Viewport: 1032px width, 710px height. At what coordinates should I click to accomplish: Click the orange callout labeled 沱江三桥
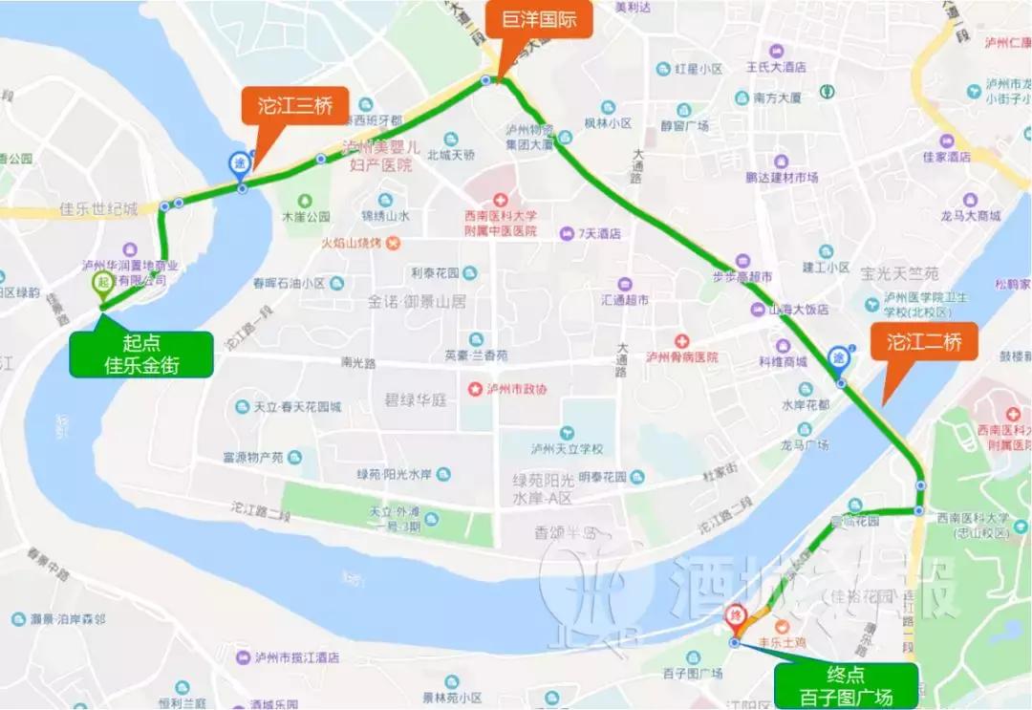(x=294, y=107)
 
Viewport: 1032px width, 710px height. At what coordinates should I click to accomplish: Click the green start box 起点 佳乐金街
(x=140, y=355)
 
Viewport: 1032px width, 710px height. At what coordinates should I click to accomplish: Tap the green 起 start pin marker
(x=102, y=283)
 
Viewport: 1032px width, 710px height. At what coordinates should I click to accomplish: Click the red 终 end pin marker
(x=736, y=617)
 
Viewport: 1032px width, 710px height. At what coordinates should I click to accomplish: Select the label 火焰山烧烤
(x=352, y=244)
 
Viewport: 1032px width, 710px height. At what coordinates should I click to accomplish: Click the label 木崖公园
(x=305, y=217)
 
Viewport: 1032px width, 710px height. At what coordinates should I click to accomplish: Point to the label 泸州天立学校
(x=568, y=449)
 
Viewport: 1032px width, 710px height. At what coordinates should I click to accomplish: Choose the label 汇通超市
(x=626, y=299)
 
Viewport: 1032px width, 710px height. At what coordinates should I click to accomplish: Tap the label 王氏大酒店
(x=776, y=68)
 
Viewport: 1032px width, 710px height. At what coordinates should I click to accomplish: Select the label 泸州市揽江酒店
(x=297, y=658)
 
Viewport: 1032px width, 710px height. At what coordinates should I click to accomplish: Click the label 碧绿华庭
(x=416, y=399)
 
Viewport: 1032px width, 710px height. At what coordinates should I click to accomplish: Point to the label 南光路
(x=359, y=362)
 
